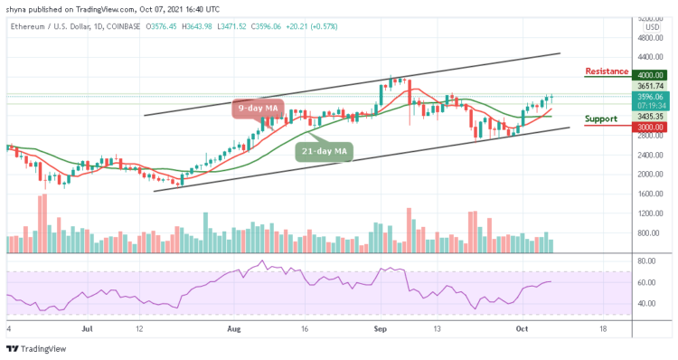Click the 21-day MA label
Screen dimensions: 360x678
(x=325, y=151)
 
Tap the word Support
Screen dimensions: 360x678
(x=600, y=118)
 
